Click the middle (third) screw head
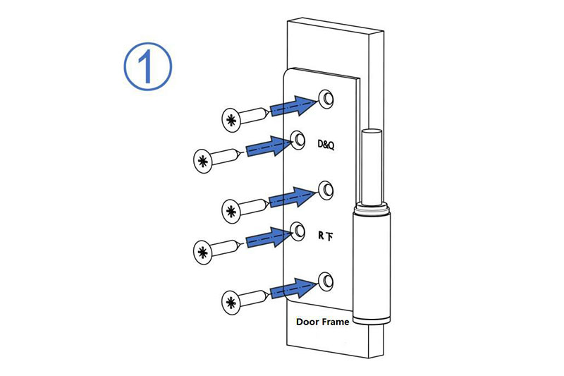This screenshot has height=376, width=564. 231,210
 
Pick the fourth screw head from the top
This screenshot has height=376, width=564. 203,250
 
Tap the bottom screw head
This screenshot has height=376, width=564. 231,303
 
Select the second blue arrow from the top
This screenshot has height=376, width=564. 269,145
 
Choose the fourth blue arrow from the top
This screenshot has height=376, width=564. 269,237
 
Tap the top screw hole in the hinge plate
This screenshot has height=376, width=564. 326,97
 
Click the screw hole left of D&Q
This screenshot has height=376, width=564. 299,138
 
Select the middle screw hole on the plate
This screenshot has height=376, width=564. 326,189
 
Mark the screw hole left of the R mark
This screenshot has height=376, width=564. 299,229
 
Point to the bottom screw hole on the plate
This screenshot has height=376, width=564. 326,281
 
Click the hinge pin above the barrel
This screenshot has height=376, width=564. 372,166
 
